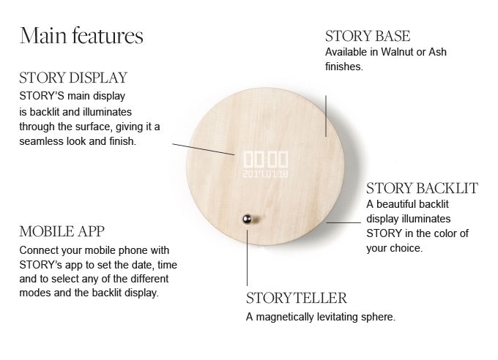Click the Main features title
coord(81,36)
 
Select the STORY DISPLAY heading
coord(73,78)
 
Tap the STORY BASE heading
coord(367,36)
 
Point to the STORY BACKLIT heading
coord(422,188)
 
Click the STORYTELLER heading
coord(296,299)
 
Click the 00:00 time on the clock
coord(265,160)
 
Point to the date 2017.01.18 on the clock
coord(265,174)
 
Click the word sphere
coord(379,317)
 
